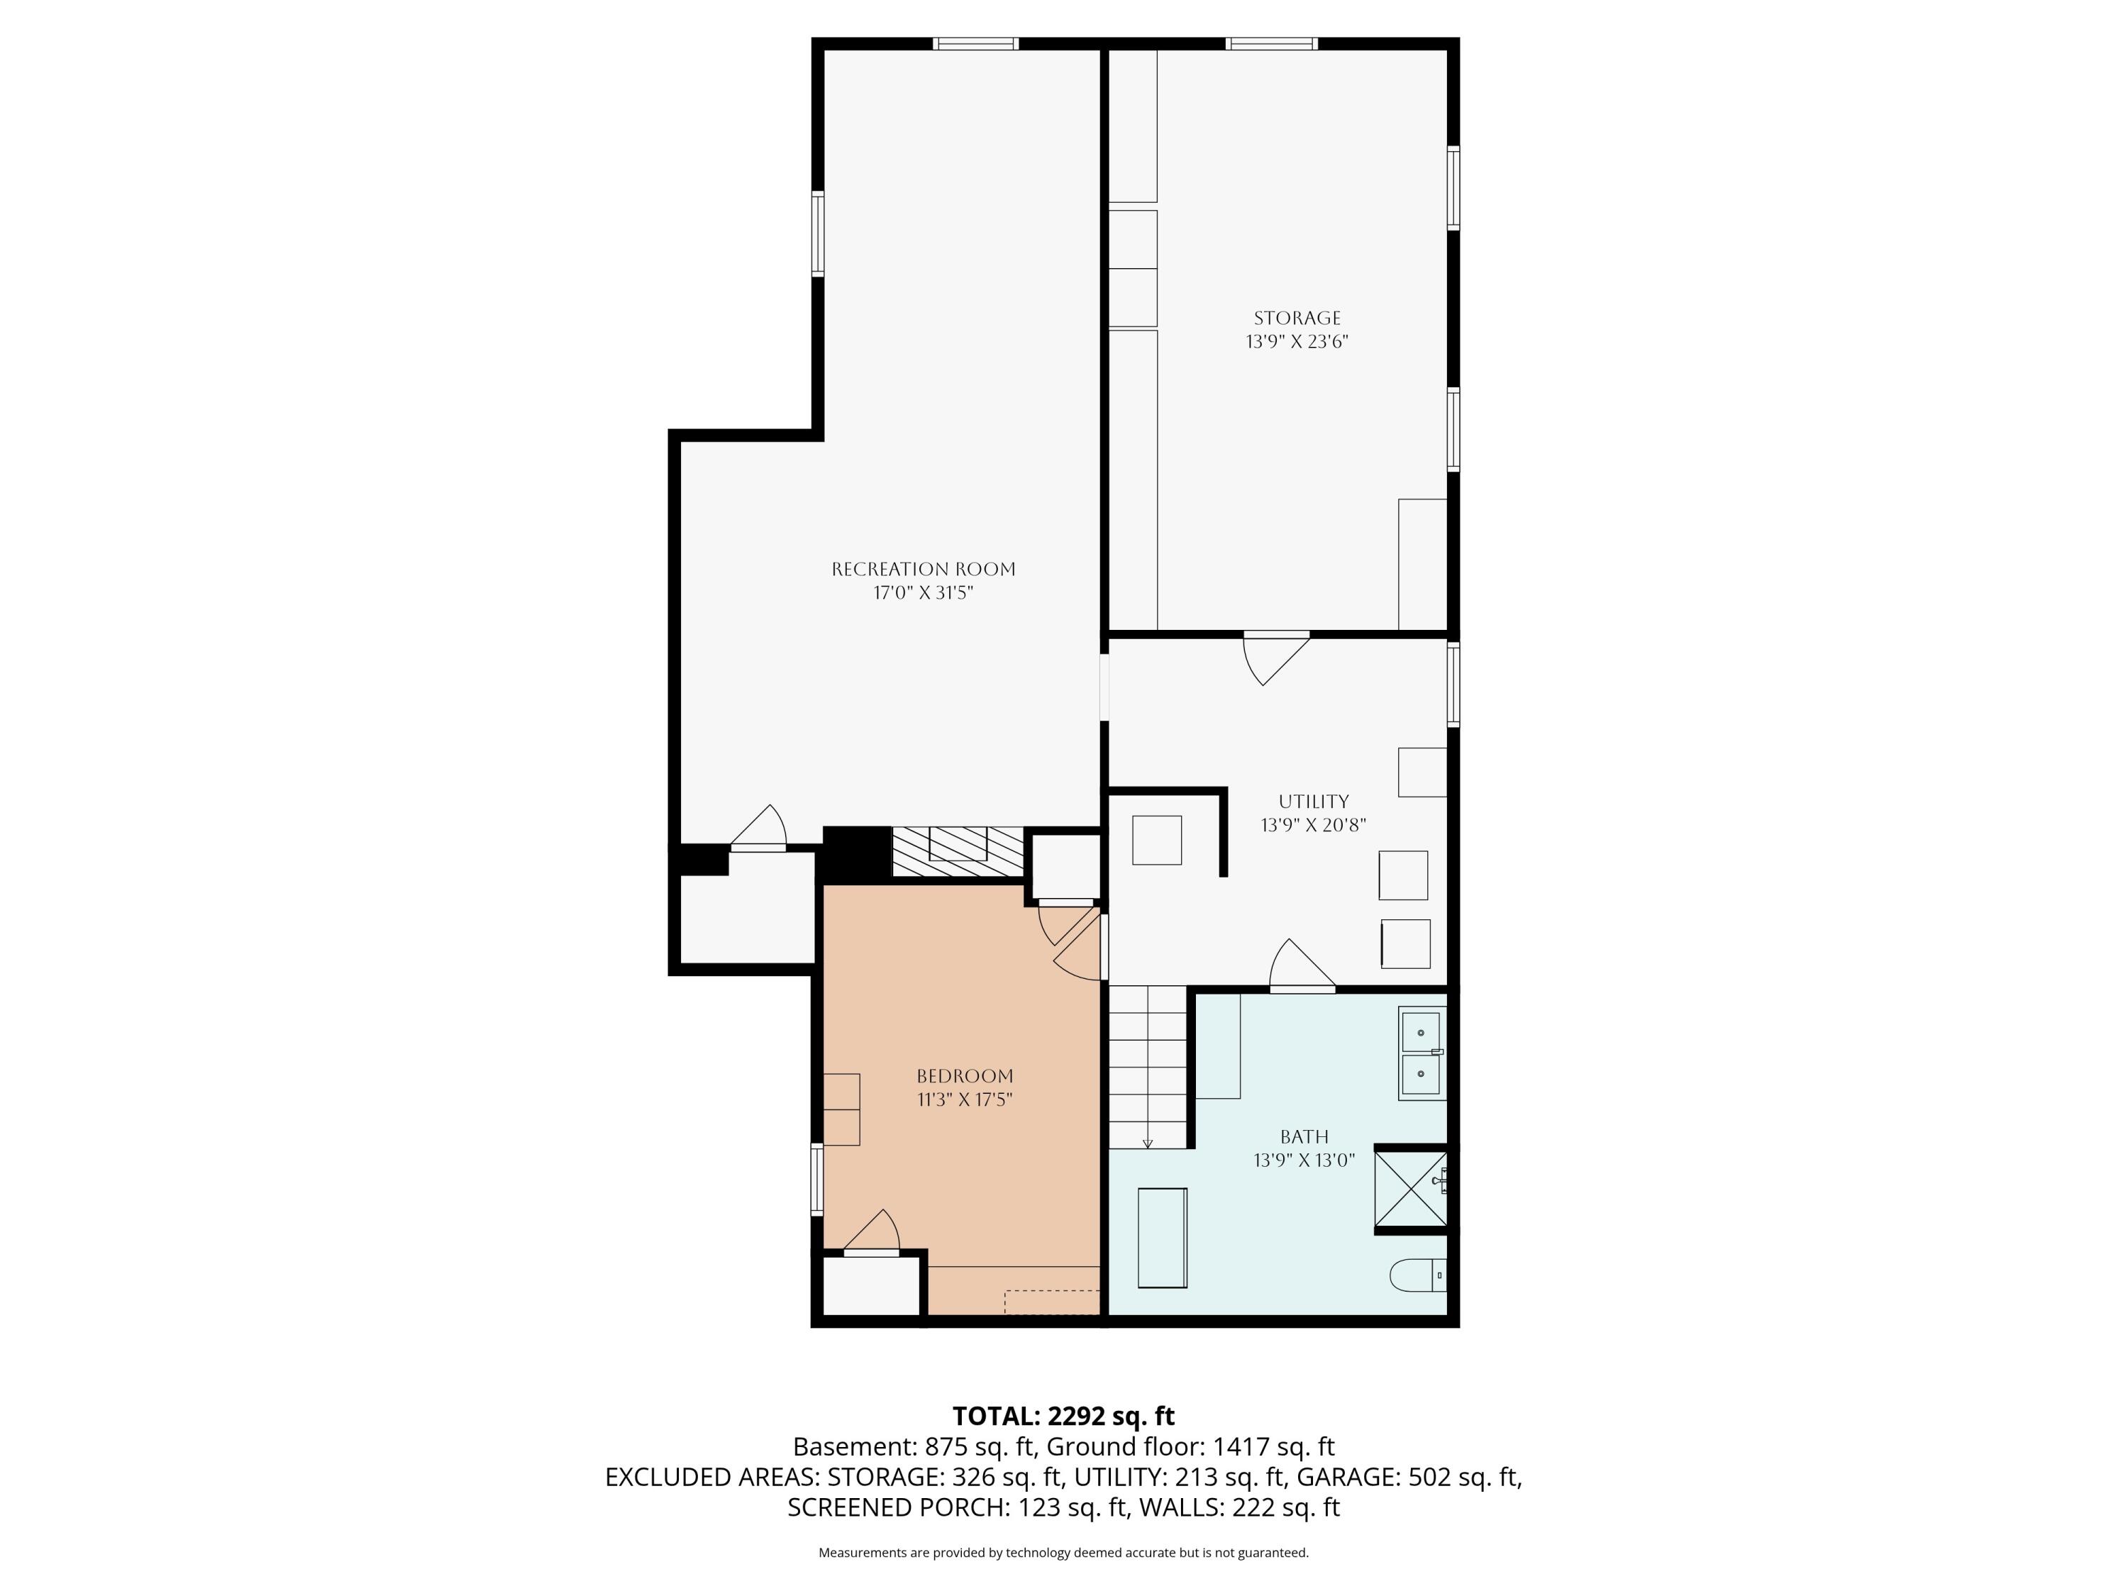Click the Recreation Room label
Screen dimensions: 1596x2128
pos(923,569)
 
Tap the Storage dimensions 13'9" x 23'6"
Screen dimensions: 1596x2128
pos(1297,341)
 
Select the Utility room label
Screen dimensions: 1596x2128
pos(1313,802)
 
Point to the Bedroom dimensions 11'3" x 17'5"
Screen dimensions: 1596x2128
pos(964,1099)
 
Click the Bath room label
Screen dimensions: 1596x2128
pos(1304,1136)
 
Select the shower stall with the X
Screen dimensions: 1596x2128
pos(1409,1189)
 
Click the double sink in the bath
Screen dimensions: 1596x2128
pos(1421,1053)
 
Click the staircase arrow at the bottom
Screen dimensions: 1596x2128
pos(1148,1142)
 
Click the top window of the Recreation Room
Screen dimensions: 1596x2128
pos(975,43)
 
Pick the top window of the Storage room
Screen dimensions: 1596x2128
pos(1271,43)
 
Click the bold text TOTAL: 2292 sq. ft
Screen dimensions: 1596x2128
pos(1063,1416)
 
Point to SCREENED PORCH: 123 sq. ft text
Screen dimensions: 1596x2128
pos(956,1507)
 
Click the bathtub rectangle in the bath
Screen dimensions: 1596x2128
pos(1162,1238)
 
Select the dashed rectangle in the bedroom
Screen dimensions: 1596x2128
pos(1051,1302)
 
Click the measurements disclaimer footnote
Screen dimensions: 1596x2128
pos(1063,1553)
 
